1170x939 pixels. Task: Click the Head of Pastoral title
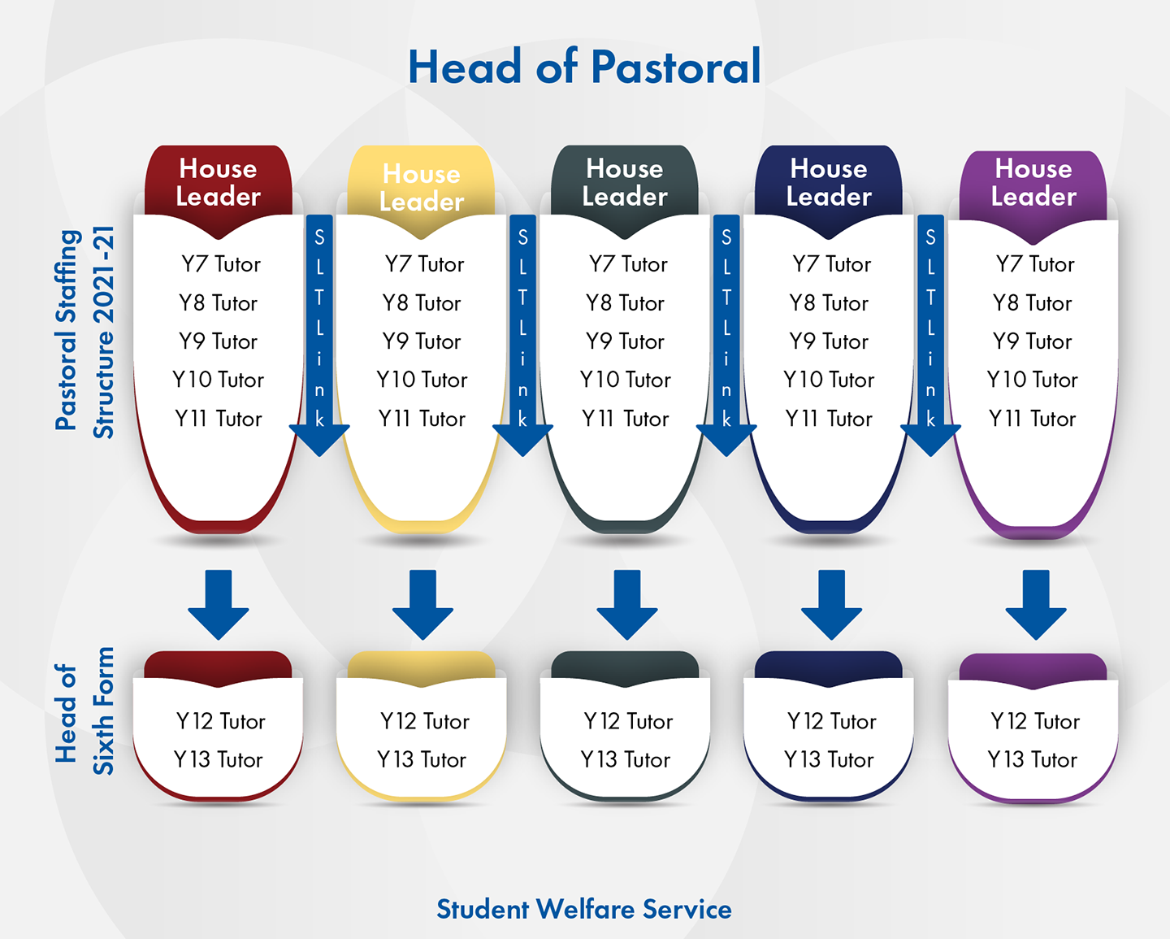point(584,67)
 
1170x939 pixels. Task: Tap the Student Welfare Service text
point(584,909)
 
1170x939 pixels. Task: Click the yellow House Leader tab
point(422,188)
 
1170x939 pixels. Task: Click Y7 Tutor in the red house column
point(221,264)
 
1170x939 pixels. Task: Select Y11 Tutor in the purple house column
point(1032,419)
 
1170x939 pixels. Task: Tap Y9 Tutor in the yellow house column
point(422,341)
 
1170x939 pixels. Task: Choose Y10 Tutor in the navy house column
point(829,380)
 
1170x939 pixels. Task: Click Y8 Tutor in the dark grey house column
point(625,303)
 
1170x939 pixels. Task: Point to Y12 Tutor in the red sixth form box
point(221,721)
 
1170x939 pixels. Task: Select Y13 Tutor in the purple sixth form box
point(1032,759)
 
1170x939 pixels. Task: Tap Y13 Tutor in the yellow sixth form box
point(422,759)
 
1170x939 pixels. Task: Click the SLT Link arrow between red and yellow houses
point(319,335)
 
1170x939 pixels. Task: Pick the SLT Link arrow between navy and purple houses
point(930,335)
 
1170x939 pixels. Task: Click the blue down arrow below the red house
point(218,604)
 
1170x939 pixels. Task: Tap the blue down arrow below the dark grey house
point(627,604)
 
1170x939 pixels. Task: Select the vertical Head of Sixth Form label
point(84,711)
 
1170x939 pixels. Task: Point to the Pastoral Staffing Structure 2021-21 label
point(84,332)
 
